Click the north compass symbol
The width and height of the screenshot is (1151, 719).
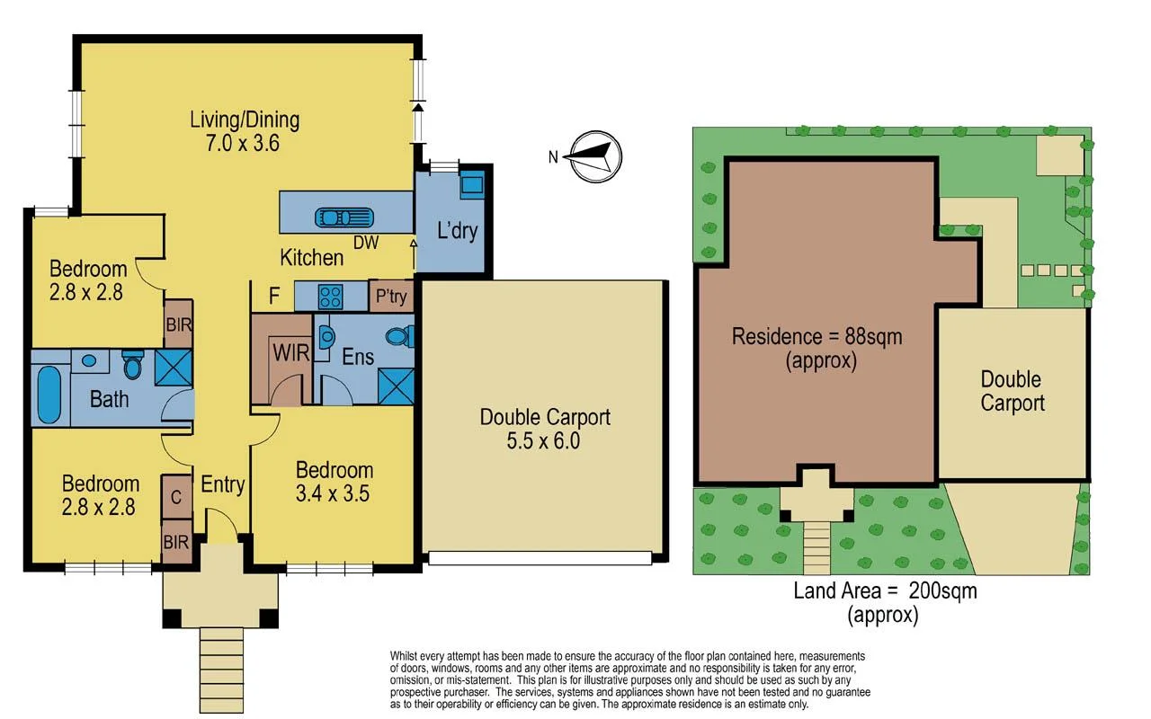[x=593, y=157]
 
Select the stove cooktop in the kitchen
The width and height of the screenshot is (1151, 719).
[x=330, y=296]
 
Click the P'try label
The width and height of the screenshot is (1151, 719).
[x=391, y=296]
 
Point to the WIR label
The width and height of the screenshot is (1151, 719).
[x=291, y=352]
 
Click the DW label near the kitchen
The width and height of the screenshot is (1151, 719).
[x=365, y=243]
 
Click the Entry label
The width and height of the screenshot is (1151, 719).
[x=222, y=484]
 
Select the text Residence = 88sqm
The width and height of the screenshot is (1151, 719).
[x=816, y=337]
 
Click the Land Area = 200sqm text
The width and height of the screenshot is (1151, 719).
[x=885, y=590]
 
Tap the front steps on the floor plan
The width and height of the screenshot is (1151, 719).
[x=221, y=656]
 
